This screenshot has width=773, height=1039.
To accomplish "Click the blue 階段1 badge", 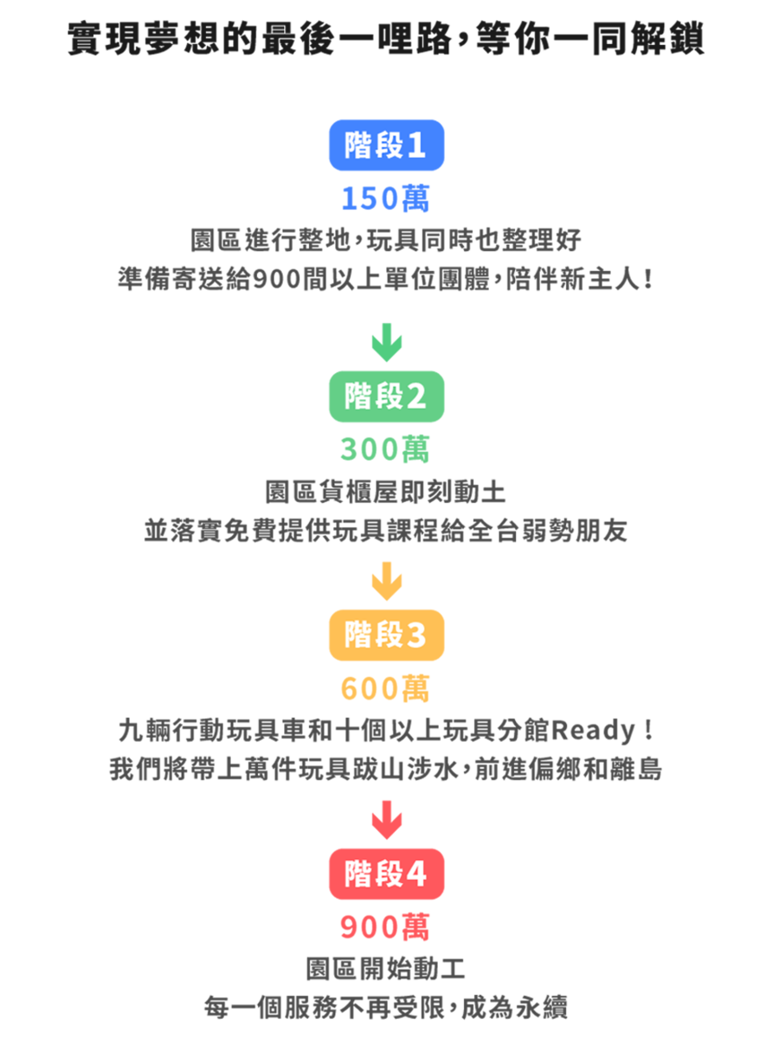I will (386, 145).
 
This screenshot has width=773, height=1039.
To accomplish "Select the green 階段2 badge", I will (386, 397).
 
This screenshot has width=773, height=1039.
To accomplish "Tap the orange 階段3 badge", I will (386, 636).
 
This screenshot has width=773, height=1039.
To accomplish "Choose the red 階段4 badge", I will (386, 874).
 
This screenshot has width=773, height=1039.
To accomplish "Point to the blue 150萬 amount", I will (386, 199).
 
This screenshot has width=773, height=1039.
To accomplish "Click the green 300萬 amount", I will (386, 449).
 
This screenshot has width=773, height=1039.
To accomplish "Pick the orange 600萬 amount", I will (386, 688).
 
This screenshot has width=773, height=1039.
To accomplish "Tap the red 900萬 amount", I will (386, 927).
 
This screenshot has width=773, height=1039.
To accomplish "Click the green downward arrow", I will (386, 342).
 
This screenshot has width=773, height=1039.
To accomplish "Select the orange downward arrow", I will (386, 581).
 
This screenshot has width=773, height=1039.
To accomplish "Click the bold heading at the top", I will (386, 40).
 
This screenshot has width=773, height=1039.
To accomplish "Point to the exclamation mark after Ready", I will (649, 731).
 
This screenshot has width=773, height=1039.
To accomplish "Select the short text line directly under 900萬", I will (386, 968).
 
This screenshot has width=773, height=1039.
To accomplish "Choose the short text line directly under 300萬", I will (386, 491).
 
